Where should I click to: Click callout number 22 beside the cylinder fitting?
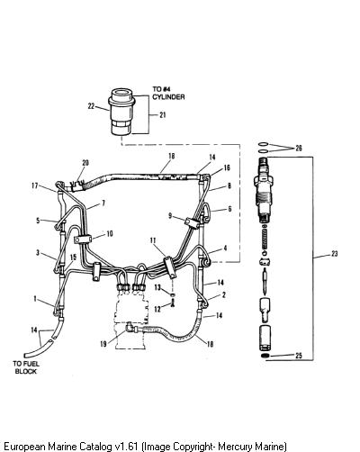click(91, 106)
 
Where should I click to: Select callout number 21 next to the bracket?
click(162, 115)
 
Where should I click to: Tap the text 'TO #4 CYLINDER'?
click(168, 93)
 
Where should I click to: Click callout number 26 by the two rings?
click(299, 148)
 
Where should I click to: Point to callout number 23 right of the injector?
click(334, 254)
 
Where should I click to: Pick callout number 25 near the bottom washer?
click(299, 356)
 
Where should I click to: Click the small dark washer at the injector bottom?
click(265, 356)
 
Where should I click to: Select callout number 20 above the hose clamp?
click(85, 163)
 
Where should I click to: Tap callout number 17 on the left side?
click(35, 185)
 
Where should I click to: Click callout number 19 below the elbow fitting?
click(103, 344)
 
